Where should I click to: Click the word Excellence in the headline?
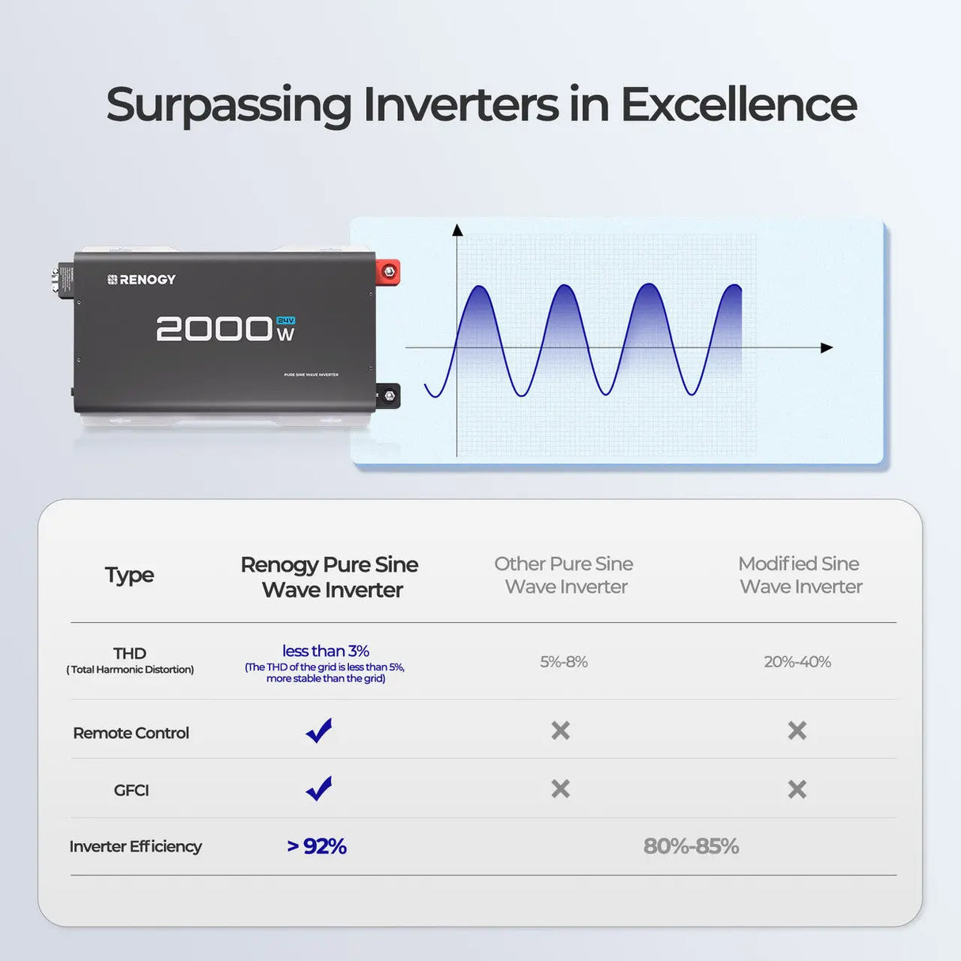[x=738, y=104]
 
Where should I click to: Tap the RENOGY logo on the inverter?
[x=142, y=279]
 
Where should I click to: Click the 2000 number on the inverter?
[x=215, y=329]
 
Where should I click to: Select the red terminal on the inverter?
[x=388, y=272]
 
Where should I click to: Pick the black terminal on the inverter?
[x=389, y=395]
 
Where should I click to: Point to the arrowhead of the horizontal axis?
[x=826, y=348]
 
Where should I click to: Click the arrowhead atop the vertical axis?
[x=457, y=230]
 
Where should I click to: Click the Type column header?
[x=129, y=575]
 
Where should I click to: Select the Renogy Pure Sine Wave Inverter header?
[x=330, y=577]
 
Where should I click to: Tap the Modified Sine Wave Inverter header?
[x=800, y=575]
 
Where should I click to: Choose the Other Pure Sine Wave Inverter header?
[x=564, y=575]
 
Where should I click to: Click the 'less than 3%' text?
[x=325, y=651]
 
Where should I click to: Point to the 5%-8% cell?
[x=564, y=662]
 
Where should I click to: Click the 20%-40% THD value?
[x=797, y=662]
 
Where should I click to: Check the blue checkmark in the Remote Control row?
[x=319, y=730]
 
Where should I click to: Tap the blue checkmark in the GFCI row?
[x=319, y=788]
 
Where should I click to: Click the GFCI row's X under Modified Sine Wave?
[x=797, y=788]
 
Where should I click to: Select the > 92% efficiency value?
[x=317, y=846]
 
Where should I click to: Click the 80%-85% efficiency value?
[x=690, y=846]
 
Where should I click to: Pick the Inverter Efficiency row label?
[x=135, y=846]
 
